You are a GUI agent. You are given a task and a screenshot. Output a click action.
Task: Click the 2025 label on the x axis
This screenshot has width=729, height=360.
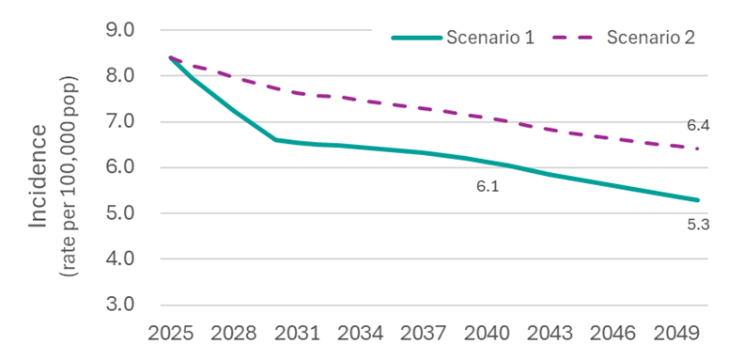coord(171,335)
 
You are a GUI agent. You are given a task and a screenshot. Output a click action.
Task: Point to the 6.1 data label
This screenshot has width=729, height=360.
coord(487,187)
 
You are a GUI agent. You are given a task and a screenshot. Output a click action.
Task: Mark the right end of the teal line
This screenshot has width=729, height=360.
coord(698,200)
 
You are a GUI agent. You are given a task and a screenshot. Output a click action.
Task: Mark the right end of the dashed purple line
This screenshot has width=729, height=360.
coord(698,149)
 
